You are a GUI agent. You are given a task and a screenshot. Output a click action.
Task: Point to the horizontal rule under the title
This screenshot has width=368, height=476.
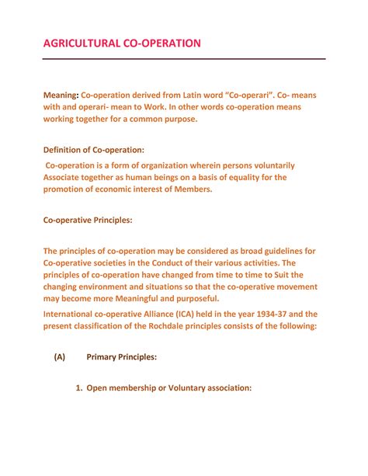click(184, 59)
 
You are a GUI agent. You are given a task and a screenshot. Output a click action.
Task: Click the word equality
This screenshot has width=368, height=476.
click(242, 177)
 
